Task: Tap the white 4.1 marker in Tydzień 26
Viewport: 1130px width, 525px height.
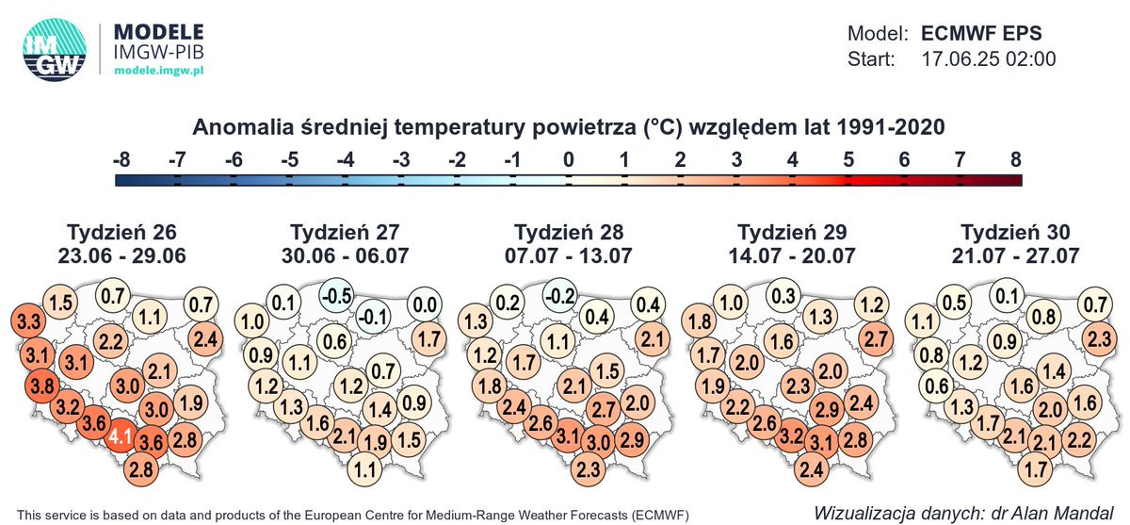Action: (120, 437)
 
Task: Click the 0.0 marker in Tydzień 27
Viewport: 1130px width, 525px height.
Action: (425, 304)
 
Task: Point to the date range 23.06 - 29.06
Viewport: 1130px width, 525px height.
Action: (122, 254)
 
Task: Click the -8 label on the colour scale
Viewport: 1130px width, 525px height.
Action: (121, 159)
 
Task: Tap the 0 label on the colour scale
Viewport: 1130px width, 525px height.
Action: (568, 159)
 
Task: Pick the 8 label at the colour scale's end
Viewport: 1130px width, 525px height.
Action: (1015, 159)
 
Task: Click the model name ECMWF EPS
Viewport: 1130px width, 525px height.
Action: (981, 32)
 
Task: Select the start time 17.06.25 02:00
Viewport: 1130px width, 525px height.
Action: (987, 59)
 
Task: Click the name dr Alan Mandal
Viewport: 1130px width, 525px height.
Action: (1023, 514)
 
